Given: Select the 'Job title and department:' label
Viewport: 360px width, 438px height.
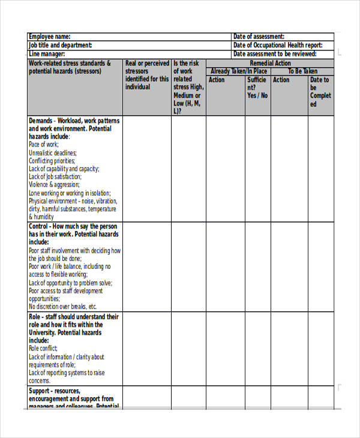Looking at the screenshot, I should (x=61, y=45).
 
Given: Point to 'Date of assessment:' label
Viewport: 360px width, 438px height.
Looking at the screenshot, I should (x=259, y=37).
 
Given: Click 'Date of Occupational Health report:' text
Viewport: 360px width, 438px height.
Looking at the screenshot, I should (x=277, y=45).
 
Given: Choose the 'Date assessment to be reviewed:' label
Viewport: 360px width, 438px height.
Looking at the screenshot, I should (x=274, y=54).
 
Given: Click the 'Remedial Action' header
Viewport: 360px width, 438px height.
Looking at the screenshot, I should (x=270, y=63).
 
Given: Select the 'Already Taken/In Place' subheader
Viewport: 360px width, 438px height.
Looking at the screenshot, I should (x=239, y=71).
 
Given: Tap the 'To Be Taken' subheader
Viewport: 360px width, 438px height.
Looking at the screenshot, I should (x=302, y=71).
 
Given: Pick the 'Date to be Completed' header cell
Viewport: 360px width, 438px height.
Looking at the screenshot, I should (x=320, y=92).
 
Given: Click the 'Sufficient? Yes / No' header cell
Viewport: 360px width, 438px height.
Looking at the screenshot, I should (x=257, y=88).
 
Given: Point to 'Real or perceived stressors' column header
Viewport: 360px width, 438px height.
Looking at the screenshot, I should (x=147, y=75).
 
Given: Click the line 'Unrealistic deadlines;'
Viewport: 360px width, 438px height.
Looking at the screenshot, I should (x=53, y=153).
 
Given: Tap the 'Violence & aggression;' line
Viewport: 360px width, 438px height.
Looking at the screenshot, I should (x=54, y=185).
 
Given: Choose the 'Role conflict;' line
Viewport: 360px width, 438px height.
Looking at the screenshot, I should (x=43, y=348).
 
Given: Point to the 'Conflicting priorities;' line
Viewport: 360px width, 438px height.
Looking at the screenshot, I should (x=52, y=161).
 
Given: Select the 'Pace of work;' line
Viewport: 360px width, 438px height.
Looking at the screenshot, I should (x=43, y=145).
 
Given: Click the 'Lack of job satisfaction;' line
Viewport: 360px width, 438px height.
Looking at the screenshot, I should (x=55, y=177).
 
